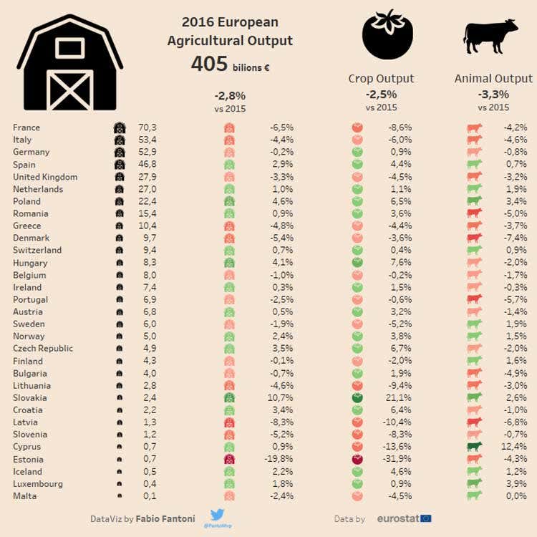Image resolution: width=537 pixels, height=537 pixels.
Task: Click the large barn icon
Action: coord(70,63)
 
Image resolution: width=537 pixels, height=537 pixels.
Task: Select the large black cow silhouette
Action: coord(490,37)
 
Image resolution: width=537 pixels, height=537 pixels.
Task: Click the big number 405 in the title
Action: coord(209,64)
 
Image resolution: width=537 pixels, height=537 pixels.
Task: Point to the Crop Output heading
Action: coord(381,79)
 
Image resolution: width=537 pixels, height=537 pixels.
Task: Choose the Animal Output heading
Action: coord(493,79)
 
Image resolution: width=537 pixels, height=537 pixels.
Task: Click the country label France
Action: coord(26,127)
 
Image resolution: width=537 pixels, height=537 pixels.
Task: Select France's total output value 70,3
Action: coord(147,127)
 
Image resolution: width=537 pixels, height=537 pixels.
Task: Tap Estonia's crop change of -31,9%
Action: coord(397,459)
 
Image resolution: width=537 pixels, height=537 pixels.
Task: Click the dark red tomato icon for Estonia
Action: coord(357,459)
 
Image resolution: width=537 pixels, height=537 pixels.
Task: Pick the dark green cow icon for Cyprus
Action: coord(474,447)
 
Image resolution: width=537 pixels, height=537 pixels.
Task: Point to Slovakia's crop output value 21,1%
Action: coord(399,398)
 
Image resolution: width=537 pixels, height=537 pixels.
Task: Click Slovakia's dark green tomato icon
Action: coord(357,398)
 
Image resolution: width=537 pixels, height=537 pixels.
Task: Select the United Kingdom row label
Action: coord(45,177)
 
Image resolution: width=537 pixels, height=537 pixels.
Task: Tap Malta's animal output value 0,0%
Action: coord(516,496)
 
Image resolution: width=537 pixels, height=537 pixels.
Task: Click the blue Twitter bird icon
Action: coord(217,515)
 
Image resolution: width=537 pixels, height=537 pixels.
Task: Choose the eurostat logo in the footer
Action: coord(404,519)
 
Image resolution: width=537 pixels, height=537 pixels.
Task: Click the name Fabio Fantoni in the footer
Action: coord(165,519)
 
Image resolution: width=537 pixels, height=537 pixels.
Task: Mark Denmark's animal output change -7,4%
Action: coord(516,238)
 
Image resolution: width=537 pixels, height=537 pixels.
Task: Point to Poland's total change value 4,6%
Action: coord(283,201)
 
